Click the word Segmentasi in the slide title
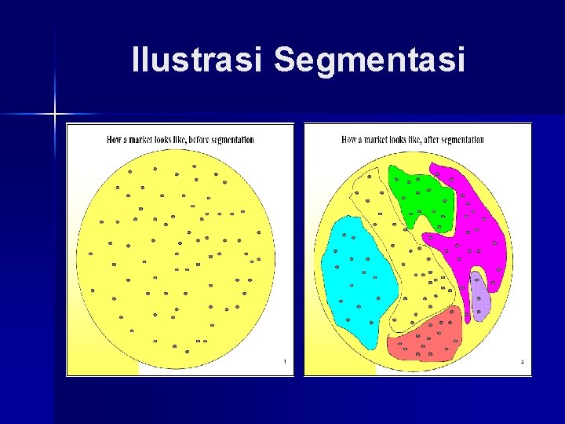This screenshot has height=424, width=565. click(x=369, y=60)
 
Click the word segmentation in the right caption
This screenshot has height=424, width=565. click(x=465, y=140)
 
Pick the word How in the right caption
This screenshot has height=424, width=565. click(x=349, y=140)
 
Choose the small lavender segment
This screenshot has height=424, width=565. click(x=479, y=297)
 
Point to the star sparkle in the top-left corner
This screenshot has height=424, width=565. click(x=56, y=115)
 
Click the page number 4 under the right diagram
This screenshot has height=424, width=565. click(x=522, y=362)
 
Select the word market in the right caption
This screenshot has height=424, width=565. click(x=376, y=140)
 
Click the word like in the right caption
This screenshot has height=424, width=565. click(x=416, y=140)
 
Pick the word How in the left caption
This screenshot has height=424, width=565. click(x=114, y=140)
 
